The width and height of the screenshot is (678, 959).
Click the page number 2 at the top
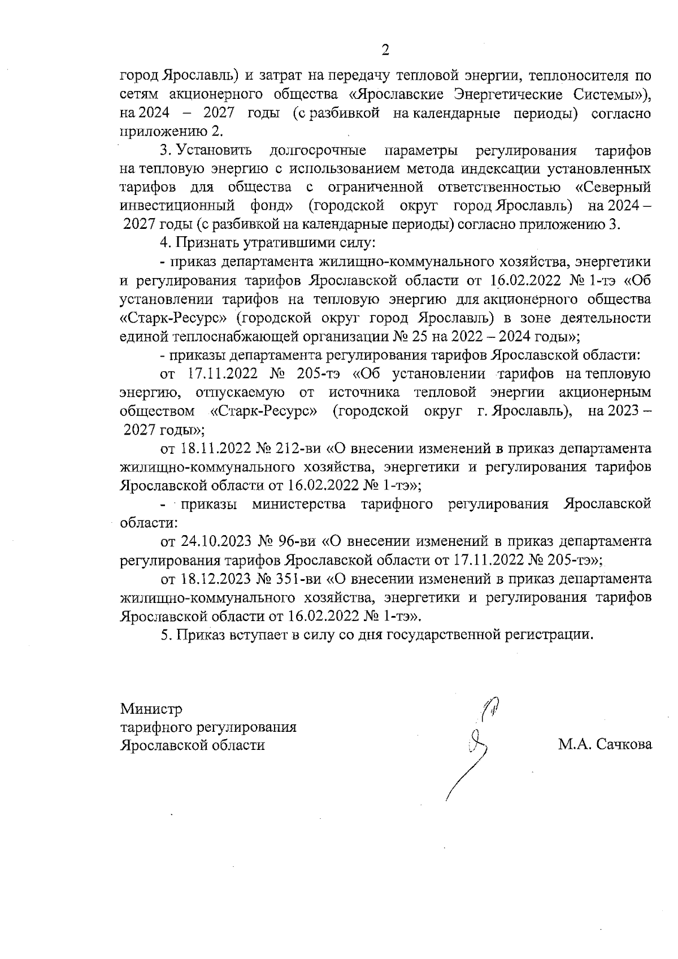click(385, 51)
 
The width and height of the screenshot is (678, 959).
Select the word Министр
click(151, 708)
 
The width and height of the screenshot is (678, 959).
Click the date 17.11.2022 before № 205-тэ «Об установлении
click(223, 374)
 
